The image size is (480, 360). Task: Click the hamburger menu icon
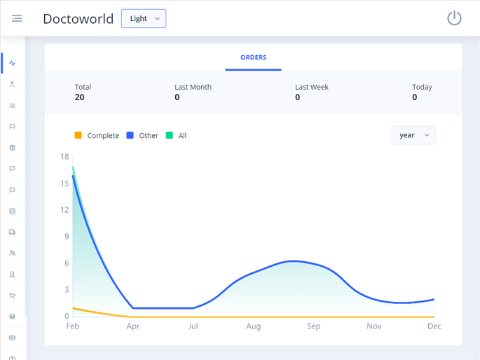[x=17, y=18]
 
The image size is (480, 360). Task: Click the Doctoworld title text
[x=78, y=19]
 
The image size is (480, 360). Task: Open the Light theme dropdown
[x=144, y=19]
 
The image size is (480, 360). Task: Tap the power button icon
[x=454, y=18]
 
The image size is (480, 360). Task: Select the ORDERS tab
[x=253, y=57]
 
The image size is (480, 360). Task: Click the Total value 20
[x=79, y=97]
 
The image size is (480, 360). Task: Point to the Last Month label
[x=193, y=87]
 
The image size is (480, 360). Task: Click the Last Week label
[x=311, y=87]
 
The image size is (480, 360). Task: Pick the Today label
[x=422, y=87]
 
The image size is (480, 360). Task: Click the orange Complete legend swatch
[x=78, y=135]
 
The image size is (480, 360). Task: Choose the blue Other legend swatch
[x=130, y=135]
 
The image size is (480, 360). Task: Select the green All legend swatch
[x=169, y=135]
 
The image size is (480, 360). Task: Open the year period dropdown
[x=413, y=135]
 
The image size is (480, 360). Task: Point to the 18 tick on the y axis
[x=64, y=157]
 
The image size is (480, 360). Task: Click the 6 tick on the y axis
[x=67, y=263]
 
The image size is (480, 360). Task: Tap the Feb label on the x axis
[x=73, y=326]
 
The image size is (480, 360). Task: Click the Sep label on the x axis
[x=313, y=326]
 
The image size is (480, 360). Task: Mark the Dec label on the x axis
[x=434, y=326]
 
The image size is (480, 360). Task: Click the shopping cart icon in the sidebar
[x=12, y=296]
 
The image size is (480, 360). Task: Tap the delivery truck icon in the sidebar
[x=12, y=233]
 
